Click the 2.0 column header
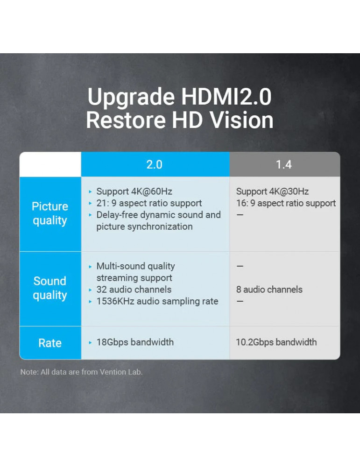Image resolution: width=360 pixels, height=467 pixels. point(155,164)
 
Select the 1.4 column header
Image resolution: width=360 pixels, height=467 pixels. point(284,164)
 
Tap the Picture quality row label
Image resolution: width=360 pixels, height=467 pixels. point(50,213)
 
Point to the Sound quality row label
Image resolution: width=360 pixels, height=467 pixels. point(50,288)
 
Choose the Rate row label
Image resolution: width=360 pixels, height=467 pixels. point(50,343)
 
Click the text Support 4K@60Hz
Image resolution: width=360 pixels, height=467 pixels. point(134,191)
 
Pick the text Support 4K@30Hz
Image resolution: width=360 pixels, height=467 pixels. point(273,191)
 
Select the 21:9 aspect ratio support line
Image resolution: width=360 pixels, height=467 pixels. point(149,203)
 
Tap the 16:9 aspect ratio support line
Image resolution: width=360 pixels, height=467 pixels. point(286,203)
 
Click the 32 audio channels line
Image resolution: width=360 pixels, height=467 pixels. point(134,289)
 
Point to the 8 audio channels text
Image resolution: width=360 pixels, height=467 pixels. point(269,289)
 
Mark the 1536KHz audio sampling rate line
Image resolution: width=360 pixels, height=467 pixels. point(157,301)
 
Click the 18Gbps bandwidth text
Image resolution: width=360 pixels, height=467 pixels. point(135,342)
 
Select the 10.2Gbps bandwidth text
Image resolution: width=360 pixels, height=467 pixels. point(276,342)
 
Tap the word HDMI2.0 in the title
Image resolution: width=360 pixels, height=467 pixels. point(226,97)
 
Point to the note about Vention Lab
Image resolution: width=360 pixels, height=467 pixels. point(81,372)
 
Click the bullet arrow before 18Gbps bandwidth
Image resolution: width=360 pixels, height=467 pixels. point(90,342)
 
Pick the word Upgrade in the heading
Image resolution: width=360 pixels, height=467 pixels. point(131,98)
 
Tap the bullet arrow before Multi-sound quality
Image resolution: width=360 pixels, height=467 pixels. point(90,267)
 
